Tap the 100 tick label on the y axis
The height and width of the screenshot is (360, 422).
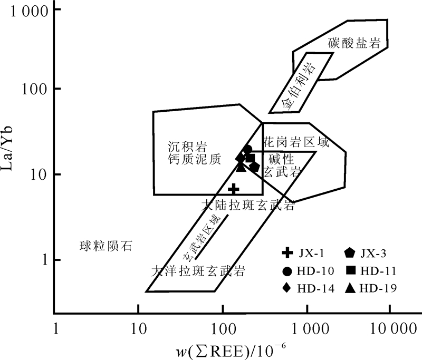(x=34, y=89)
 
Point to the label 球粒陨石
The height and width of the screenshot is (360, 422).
(x=105, y=245)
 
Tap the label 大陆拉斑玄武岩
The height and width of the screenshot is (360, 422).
(x=247, y=206)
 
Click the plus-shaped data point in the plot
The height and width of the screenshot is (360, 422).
(x=233, y=189)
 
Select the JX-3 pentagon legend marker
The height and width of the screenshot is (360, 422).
(x=350, y=254)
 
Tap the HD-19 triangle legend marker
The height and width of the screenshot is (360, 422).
(x=350, y=288)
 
